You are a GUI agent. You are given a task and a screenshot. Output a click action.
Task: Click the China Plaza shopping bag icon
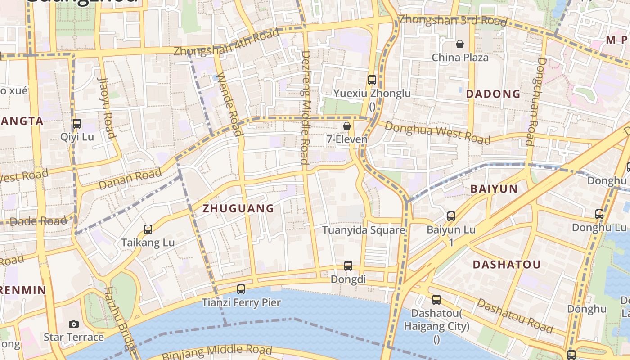pyautogui.click(x=460, y=44)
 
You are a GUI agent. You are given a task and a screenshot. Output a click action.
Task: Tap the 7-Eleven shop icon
pyautogui.click(x=346, y=126)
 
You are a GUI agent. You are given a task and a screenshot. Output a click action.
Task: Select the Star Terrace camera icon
pyautogui.click(x=73, y=324)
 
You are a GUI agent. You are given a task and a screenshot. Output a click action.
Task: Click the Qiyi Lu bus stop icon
pyautogui.click(x=77, y=124)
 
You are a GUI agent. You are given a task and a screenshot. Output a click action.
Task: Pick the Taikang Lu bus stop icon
pyautogui.click(x=148, y=229)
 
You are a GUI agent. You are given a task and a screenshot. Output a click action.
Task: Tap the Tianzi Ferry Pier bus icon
pyautogui.click(x=241, y=289)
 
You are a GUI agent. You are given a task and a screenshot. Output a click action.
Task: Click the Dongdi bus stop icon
pyautogui.click(x=348, y=266)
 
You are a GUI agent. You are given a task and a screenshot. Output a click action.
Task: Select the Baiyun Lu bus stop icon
pyautogui.click(x=451, y=216)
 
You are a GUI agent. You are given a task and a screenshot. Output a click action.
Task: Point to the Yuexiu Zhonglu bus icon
pyautogui.click(x=372, y=80)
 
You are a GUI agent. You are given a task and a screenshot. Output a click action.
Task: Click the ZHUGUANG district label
pyautogui.click(x=238, y=208)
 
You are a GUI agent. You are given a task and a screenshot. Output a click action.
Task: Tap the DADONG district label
pyautogui.click(x=493, y=94)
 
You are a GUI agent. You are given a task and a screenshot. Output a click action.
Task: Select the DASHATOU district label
pyautogui.click(x=506, y=265)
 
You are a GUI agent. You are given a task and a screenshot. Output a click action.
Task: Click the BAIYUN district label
pyautogui.click(x=494, y=189)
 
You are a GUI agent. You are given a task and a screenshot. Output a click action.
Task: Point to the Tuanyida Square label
pyautogui.click(x=364, y=230)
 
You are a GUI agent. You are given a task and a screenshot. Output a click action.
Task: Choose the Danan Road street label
pyautogui.click(x=130, y=179)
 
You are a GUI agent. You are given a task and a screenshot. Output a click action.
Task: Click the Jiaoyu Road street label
pyautogui.click(x=107, y=108)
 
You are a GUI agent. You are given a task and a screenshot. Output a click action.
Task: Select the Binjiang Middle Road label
pyautogui.click(x=217, y=351)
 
